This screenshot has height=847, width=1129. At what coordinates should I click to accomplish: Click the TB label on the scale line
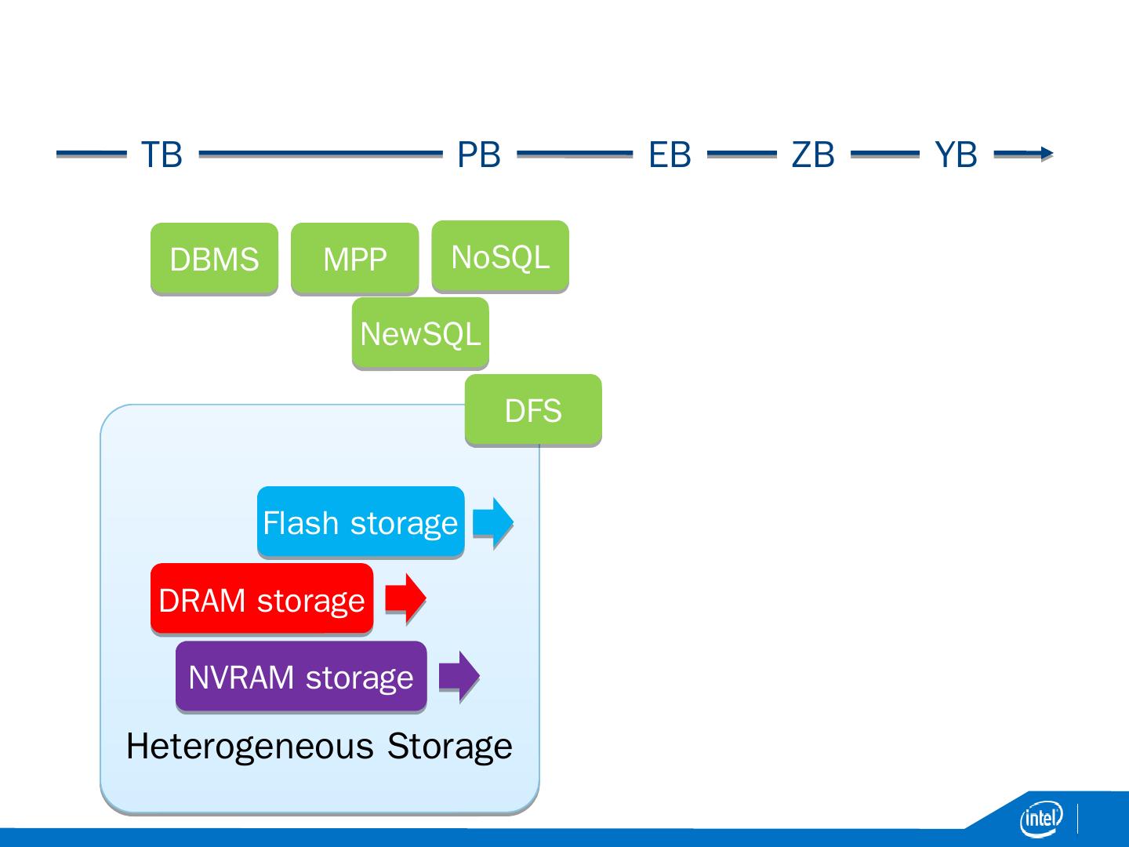(162, 154)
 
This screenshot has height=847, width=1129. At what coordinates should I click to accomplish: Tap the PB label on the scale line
(478, 154)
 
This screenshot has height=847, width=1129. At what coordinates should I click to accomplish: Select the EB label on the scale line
(670, 154)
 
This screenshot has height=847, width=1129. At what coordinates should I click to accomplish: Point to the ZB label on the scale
(813, 154)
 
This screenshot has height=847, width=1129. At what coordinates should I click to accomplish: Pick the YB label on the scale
(956, 154)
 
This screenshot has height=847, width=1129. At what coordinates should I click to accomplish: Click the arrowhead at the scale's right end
(1046, 154)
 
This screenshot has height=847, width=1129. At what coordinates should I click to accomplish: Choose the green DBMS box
(214, 259)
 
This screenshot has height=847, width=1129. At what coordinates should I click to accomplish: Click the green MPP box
(354, 259)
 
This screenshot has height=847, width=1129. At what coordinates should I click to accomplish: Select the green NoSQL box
(500, 256)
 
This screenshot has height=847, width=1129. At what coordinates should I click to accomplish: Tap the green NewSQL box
(420, 333)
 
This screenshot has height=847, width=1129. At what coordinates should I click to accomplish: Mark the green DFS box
(533, 410)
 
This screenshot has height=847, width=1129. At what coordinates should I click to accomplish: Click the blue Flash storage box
(361, 522)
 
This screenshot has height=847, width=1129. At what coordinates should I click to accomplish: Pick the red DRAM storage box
(262, 599)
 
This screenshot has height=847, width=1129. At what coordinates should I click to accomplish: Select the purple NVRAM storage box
(301, 676)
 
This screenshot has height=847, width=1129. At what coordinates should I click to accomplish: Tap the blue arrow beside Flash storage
(492, 522)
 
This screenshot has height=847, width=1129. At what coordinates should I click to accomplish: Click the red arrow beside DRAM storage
(405, 598)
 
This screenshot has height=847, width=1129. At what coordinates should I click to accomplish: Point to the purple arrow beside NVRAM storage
(459, 675)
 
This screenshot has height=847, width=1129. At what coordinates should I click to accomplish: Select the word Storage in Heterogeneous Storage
(449, 746)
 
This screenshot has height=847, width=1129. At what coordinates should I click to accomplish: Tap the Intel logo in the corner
(1040, 819)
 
